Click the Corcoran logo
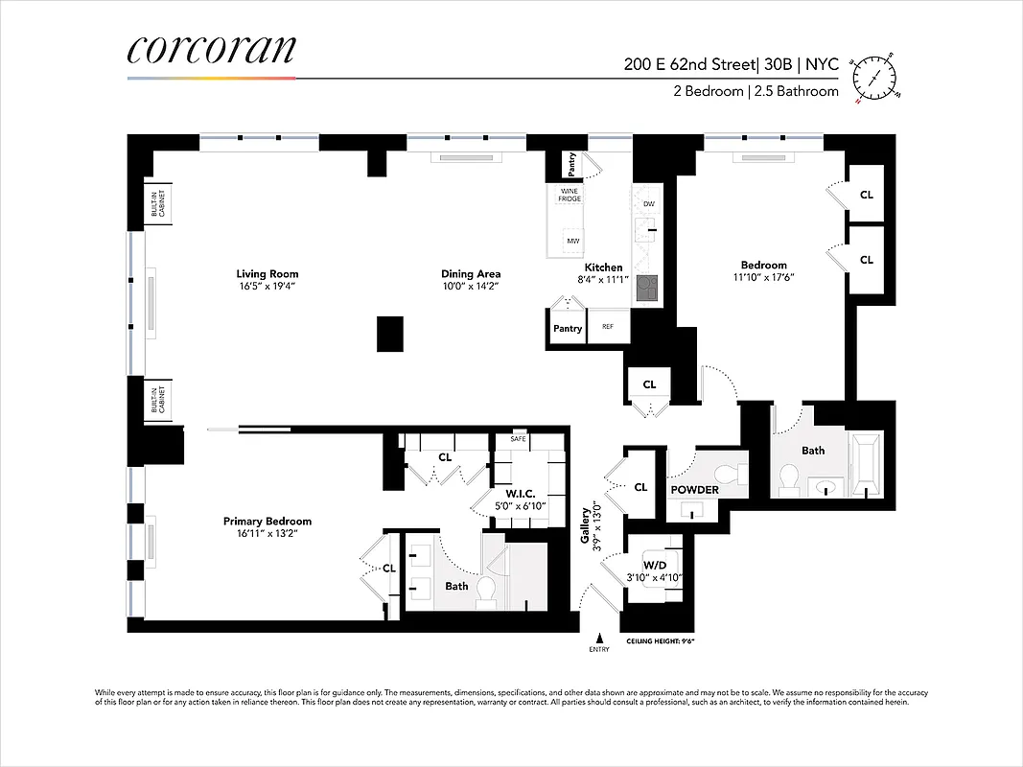tap(211, 50)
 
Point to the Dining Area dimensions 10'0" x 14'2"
tap(471, 286)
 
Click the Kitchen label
tap(603, 267)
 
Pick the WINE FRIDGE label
tap(570, 194)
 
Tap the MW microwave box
tap(573, 241)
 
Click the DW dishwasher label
tap(649, 204)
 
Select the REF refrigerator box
tap(608, 327)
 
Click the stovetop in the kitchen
tap(649, 287)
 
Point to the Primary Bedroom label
tap(267, 522)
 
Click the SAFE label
tap(519, 438)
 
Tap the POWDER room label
tap(694, 490)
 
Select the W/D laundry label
tap(655, 566)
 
